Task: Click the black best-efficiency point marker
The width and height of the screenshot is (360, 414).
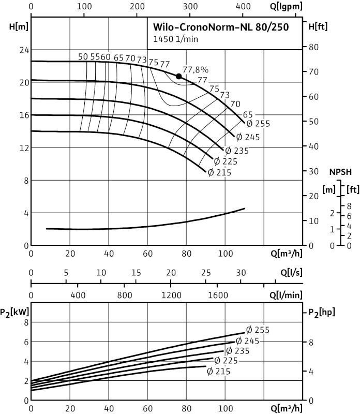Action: [179, 76]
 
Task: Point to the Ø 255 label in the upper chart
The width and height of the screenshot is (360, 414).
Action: [258, 124]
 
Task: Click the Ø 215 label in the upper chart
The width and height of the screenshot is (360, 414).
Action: [219, 173]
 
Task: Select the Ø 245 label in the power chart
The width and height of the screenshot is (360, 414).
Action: [247, 341]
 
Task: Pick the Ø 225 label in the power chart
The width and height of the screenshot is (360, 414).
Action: [226, 360]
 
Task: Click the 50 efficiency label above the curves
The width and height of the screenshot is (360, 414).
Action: [83, 57]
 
